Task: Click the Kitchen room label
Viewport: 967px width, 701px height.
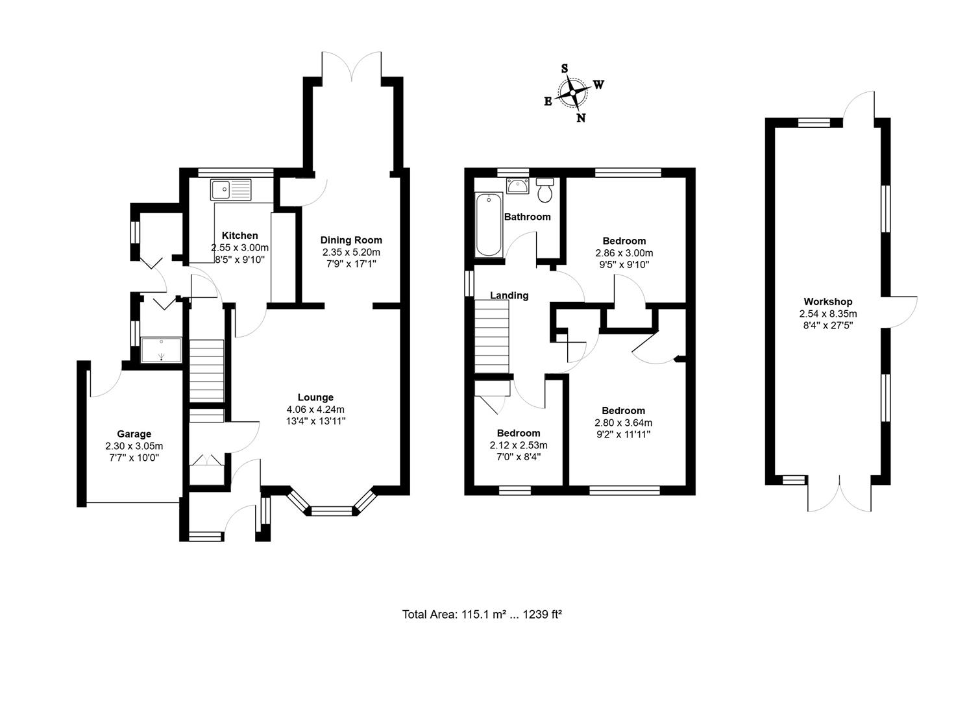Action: click(239, 236)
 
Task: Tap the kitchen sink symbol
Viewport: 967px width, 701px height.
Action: click(230, 190)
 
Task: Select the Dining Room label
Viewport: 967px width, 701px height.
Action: click(351, 240)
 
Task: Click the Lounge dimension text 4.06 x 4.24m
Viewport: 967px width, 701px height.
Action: click(315, 409)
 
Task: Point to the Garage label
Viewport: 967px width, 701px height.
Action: click(134, 434)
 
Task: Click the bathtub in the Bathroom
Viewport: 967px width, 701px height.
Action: click(489, 225)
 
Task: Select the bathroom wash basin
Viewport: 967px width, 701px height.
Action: click(518, 186)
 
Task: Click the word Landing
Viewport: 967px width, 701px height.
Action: click(509, 295)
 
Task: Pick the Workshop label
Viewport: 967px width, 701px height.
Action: click(827, 301)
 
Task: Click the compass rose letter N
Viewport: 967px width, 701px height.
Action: click(581, 117)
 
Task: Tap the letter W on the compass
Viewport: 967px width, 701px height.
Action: click(598, 84)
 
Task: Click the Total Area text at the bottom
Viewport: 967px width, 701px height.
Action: click(482, 614)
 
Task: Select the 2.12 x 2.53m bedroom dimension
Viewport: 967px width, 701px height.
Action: click(519, 445)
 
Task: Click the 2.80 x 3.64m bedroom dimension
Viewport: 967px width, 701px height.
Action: click(623, 423)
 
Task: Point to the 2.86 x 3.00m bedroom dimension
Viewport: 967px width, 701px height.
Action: click(624, 253)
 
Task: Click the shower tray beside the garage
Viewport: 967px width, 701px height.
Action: click(161, 350)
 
